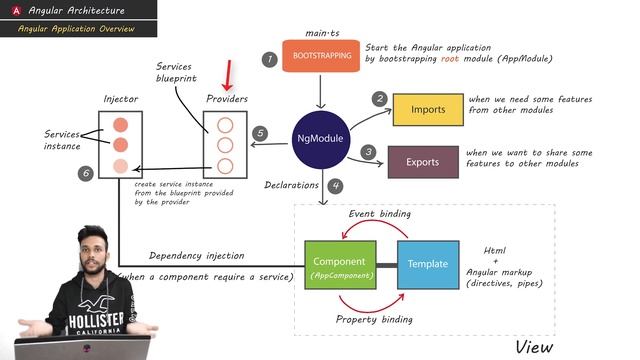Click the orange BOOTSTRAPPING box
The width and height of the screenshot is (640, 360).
coord(321,57)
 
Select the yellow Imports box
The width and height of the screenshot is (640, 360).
coord(426,109)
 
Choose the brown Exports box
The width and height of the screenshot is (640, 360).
coord(421,161)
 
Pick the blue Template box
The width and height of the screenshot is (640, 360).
coord(428,264)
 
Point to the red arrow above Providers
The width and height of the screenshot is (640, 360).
coord(228,75)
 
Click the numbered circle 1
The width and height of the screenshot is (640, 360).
coord(269,59)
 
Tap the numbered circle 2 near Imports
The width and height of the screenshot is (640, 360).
coord(380,99)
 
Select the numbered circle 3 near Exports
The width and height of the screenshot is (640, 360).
coord(368,152)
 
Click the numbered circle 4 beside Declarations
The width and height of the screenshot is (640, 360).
coord(336,185)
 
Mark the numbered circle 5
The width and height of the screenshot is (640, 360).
coord(260,133)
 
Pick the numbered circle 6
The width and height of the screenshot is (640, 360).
coord(86,174)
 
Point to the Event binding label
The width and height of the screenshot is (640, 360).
coord(380,215)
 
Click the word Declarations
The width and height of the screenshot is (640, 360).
coord(291,185)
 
